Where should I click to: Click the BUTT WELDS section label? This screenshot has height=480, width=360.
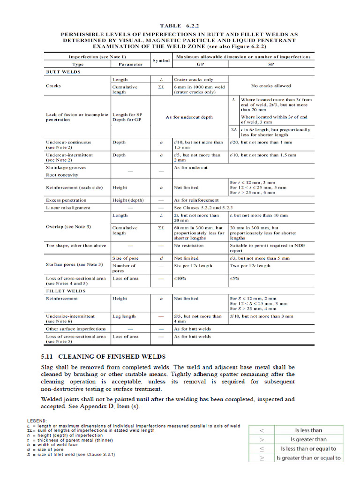(x=63, y=72)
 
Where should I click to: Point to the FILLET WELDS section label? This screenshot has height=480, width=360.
(x=65, y=291)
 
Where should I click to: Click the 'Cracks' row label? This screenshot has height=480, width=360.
(x=53, y=86)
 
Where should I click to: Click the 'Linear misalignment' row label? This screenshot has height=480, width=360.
(x=68, y=208)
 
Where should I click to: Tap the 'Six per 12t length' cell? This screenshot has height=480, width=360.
(x=193, y=266)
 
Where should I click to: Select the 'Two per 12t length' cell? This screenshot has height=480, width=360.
(x=250, y=266)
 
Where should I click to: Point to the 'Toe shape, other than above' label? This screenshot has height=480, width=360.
(x=76, y=246)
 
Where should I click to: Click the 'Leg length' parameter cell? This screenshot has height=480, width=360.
(x=124, y=316)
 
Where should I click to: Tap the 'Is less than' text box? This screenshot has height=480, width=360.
(x=308, y=430)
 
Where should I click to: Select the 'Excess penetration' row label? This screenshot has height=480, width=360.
(x=66, y=200)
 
